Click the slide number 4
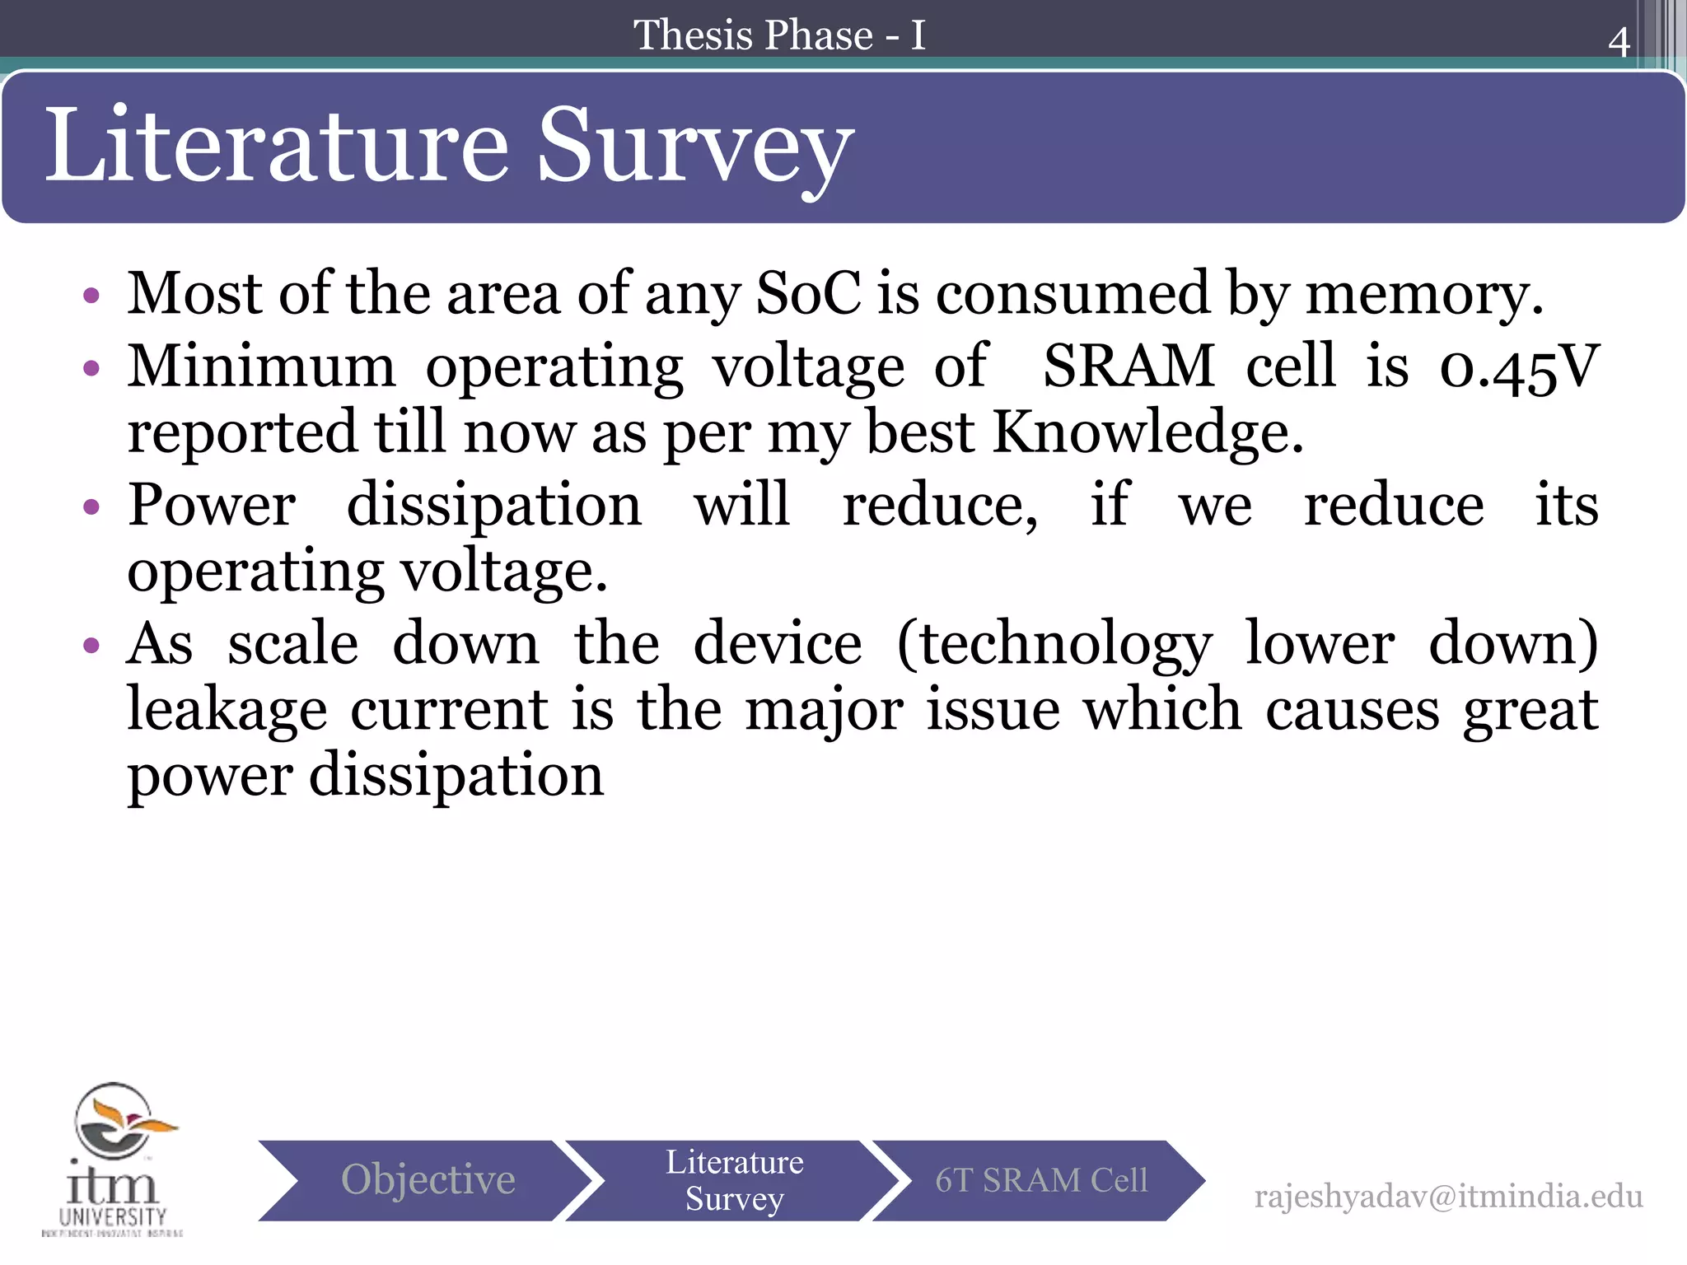(x=1618, y=42)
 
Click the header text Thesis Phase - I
(x=779, y=35)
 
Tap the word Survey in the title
(x=694, y=147)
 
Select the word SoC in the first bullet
(x=808, y=293)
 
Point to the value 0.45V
(x=1519, y=367)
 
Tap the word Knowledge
(x=1147, y=432)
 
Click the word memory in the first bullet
(x=1423, y=295)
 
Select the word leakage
(x=227, y=711)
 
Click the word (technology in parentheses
(x=1054, y=645)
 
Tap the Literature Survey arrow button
(x=733, y=1179)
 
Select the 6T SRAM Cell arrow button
(x=1040, y=1179)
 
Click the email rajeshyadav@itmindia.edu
(x=1447, y=1196)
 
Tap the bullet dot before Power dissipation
(x=91, y=506)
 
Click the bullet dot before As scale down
(x=91, y=645)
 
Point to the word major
(x=823, y=710)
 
